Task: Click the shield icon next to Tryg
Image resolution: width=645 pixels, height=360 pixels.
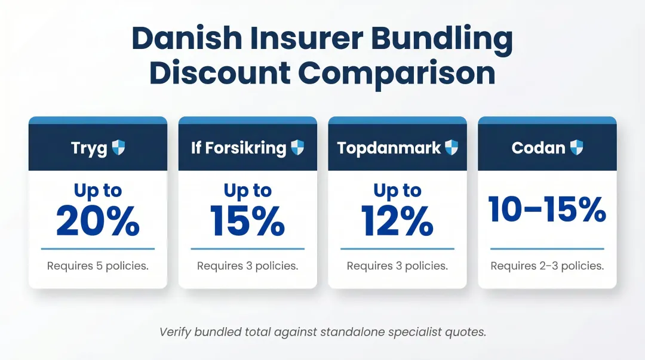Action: point(119,147)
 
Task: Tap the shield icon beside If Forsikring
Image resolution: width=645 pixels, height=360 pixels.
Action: point(297,147)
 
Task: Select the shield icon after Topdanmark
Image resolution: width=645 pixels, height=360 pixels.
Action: point(451,147)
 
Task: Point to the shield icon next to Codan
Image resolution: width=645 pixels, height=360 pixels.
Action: point(576,147)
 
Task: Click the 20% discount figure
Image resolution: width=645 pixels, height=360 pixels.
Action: point(98,221)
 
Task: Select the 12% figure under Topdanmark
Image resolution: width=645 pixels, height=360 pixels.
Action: point(397,221)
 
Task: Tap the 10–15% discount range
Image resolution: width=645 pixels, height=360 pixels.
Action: point(547,209)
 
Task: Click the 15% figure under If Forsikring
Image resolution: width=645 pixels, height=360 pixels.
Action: point(247,221)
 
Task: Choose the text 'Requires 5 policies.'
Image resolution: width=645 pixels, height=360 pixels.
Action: point(98,266)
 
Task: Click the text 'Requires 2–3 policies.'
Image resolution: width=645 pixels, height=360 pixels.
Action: point(547,266)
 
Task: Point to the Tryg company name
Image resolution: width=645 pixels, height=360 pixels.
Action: point(89,148)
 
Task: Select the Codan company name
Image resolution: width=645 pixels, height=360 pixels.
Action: point(538,148)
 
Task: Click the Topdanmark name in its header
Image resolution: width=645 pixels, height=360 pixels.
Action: point(389,148)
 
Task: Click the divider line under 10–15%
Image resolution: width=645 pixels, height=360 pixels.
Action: point(547,249)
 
